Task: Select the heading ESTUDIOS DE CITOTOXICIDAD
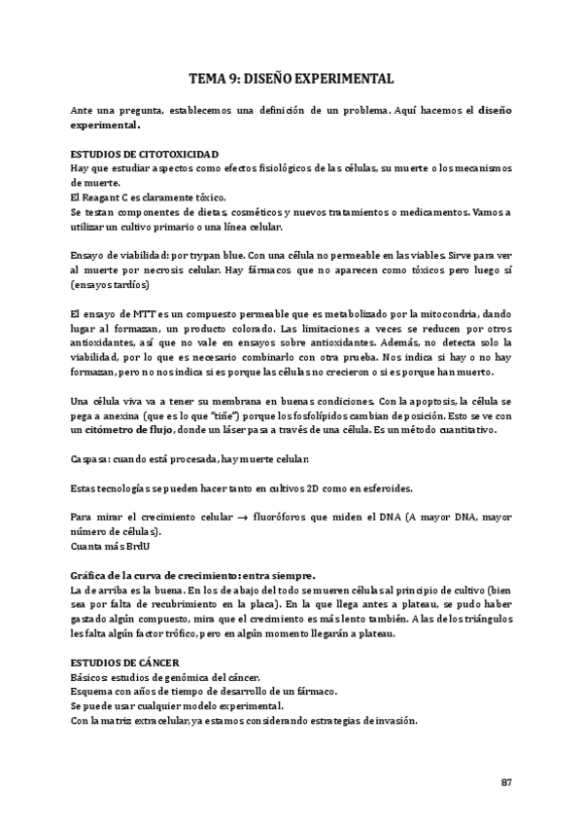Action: [145, 155]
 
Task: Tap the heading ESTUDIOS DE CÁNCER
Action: [119, 662]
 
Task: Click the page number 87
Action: [506, 782]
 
